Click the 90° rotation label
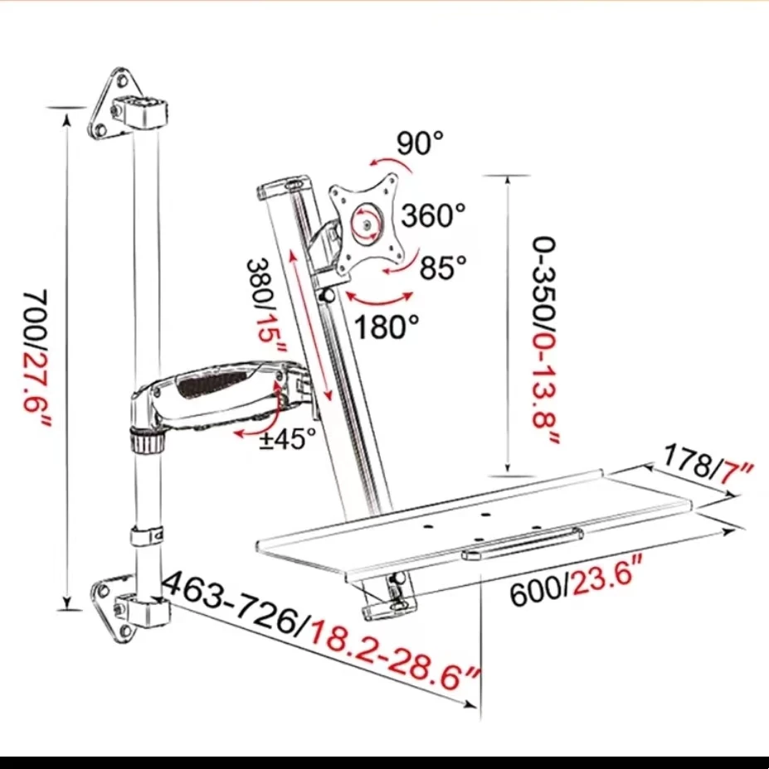coord(420,143)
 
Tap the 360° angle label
coord(433,216)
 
